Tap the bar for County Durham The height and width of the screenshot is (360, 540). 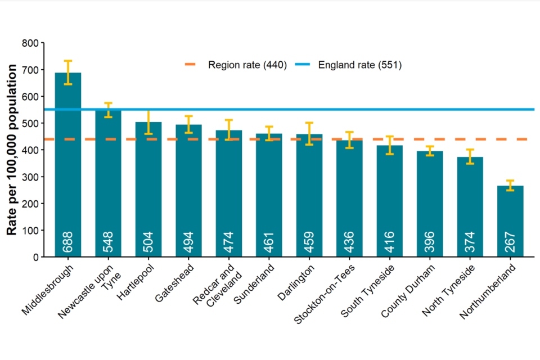click(430, 202)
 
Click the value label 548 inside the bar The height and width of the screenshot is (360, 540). click(108, 242)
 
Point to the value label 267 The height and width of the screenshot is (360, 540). click(510, 242)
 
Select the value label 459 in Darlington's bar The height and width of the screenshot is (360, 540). click(309, 242)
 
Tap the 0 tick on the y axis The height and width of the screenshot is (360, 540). click(36, 257)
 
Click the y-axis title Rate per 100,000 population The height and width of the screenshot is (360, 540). click(12, 150)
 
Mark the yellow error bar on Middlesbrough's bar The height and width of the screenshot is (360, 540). click(67, 73)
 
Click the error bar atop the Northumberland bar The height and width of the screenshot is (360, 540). click(510, 186)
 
